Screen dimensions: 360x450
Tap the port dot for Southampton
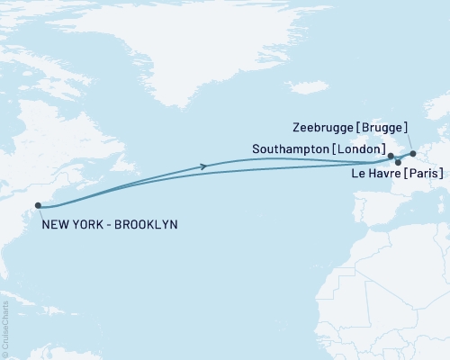(391, 156)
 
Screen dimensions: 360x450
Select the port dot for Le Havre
(398, 162)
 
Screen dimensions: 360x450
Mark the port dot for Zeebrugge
(413, 154)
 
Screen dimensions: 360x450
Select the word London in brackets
(359, 148)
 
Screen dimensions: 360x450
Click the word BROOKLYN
(146, 223)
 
